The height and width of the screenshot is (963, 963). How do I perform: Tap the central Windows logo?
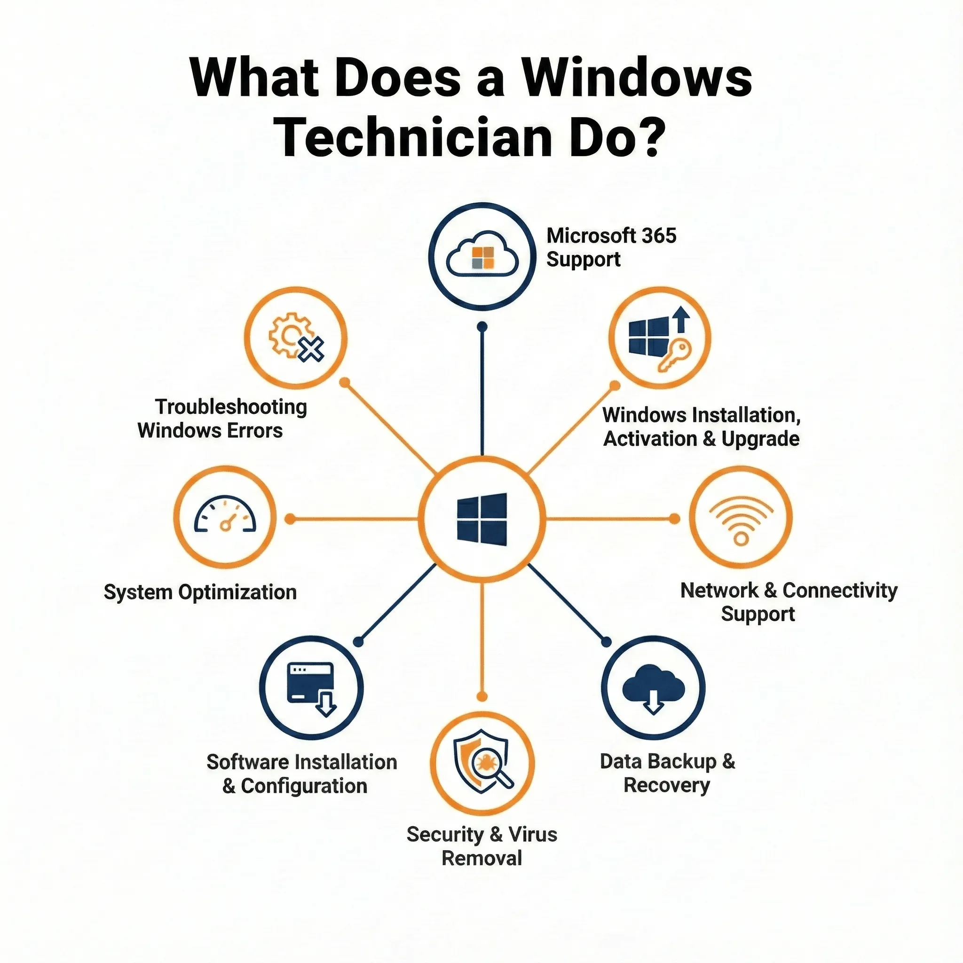point(482,518)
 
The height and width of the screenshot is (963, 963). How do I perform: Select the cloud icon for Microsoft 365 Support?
point(482,253)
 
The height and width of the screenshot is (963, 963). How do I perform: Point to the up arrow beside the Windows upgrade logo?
point(681,319)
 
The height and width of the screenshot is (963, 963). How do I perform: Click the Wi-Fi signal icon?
point(741,521)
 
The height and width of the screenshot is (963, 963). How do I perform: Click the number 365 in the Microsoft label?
point(659,236)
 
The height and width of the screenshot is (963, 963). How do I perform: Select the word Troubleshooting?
point(231,407)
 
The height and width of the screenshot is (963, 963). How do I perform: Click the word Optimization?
point(237,592)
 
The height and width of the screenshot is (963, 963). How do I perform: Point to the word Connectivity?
point(840,591)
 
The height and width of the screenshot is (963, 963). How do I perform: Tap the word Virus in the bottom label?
point(532,835)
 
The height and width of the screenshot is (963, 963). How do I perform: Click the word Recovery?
point(666,785)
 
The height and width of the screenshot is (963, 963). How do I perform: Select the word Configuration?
point(304,786)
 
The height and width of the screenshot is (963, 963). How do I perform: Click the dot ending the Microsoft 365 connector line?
point(482,327)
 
